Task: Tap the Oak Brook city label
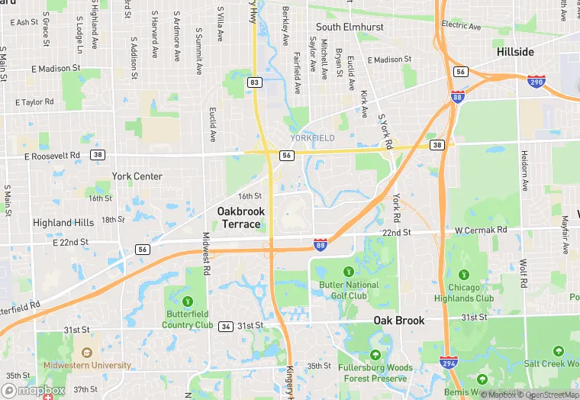point(398,321)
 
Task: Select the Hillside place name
point(515,52)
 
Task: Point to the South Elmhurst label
point(350,27)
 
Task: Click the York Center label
point(137,176)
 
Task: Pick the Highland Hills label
point(63,223)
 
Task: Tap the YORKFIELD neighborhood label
point(312,138)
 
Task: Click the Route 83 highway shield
point(255,82)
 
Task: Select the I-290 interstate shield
point(536,80)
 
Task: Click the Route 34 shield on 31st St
point(225,326)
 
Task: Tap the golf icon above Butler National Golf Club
point(349,270)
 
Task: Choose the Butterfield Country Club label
point(188,319)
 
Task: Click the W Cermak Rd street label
point(481,230)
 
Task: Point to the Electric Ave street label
point(461,26)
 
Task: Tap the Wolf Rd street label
point(524,273)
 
